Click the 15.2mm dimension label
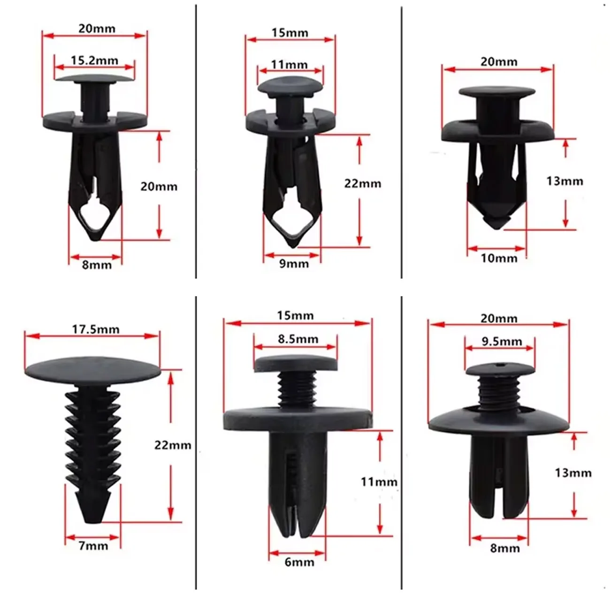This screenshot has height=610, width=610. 94,60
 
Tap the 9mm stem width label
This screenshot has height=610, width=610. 294,263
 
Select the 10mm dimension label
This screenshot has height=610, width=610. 499,258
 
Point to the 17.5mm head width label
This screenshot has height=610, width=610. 96,329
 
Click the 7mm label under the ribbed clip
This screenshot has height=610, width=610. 93,546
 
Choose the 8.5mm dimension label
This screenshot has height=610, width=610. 297,339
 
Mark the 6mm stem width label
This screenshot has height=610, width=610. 299,561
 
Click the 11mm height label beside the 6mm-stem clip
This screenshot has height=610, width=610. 379,481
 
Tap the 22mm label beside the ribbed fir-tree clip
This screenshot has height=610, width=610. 173,445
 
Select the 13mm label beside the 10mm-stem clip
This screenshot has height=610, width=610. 564,181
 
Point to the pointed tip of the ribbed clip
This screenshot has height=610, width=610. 93,518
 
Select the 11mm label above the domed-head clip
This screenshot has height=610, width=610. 290,64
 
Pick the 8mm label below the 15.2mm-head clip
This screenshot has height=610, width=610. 97,265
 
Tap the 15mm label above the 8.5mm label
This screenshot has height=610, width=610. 295,315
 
